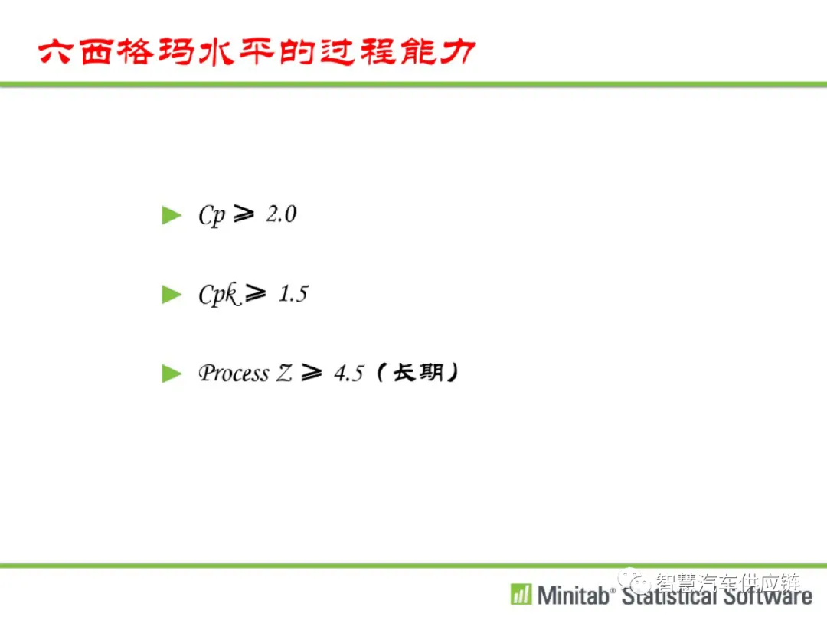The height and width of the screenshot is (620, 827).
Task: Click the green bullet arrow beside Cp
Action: pos(172,215)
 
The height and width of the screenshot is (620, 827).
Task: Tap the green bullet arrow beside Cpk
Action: pos(172,295)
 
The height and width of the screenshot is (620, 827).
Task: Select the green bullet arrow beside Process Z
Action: pos(172,374)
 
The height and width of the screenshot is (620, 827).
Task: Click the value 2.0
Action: pos(282,214)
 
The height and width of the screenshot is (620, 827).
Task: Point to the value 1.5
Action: pos(294,294)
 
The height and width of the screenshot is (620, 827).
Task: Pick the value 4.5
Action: pos(349,374)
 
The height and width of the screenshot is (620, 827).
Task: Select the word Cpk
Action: pos(220,295)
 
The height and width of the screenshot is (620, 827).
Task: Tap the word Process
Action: pos(234,374)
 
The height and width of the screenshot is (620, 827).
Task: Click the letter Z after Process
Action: pos(284,374)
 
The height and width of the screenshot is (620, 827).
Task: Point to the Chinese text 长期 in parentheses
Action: pos(418,373)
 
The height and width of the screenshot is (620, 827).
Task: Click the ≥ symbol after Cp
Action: pos(244,214)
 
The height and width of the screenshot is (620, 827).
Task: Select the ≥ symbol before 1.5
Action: pos(256,293)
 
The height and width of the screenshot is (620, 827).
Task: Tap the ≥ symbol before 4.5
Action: pos(311,373)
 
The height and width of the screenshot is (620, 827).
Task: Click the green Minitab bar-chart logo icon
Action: pos(521,594)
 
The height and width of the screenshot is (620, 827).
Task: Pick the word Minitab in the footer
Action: pos(573,596)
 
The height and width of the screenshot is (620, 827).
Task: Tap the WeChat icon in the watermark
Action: pos(634,582)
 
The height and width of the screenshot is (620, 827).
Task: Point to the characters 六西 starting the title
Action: pos(75,52)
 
